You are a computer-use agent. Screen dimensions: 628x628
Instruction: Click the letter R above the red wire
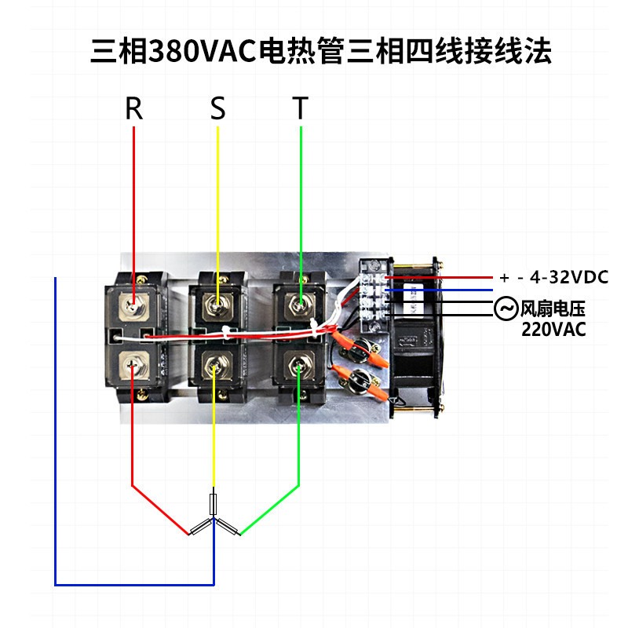pyautogui.click(x=134, y=109)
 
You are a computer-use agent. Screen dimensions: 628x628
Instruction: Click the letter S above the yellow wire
pyautogui.click(x=217, y=109)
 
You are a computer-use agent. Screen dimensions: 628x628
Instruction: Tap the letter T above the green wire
pyautogui.click(x=300, y=109)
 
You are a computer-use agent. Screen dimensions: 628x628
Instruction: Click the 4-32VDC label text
pyautogui.click(x=569, y=277)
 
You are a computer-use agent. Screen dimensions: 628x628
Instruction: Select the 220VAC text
pyautogui.click(x=553, y=330)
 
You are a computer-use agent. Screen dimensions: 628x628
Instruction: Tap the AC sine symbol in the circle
pyautogui.click(x=505, y=309)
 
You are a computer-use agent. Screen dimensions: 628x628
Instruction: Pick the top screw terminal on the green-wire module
pyautogui.click(x=299, y=301)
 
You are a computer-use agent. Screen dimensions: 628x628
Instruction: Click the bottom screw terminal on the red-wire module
pyautogui.click(x=136, y=366)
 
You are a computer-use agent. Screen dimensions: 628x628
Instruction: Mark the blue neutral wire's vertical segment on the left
pyautogui.click(x=55, y=432)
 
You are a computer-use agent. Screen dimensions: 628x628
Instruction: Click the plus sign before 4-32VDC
pyautogui.click(x=504, y=278)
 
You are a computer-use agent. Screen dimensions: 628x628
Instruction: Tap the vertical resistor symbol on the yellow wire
pyautogui.click(x=214, y=502)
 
